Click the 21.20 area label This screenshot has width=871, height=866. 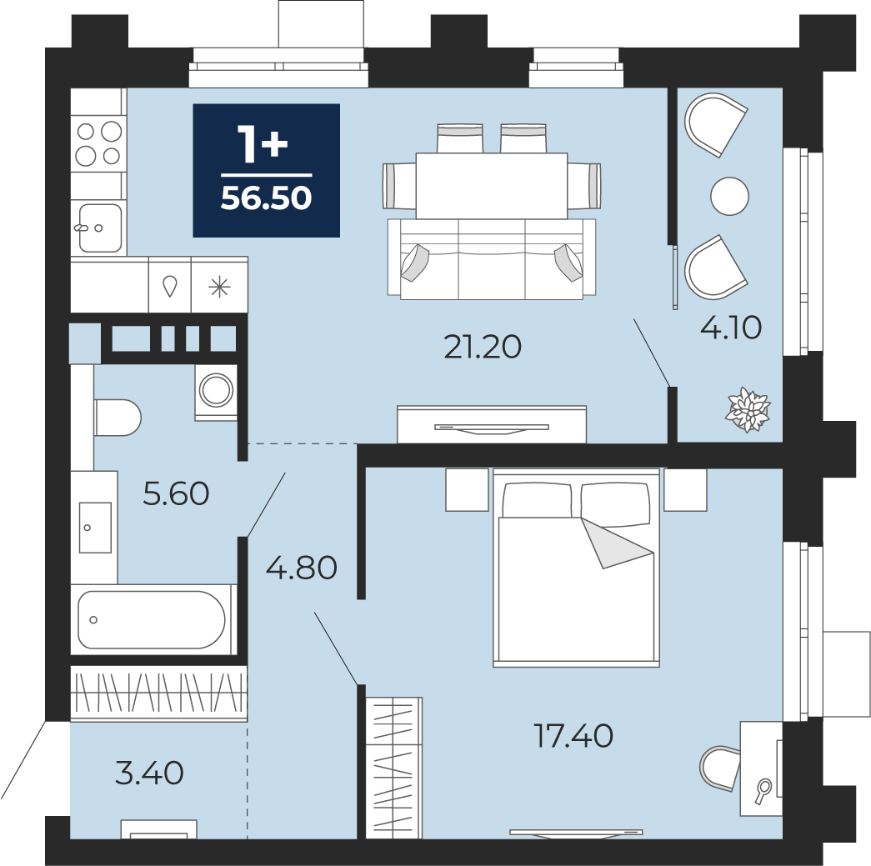tap(483, 348)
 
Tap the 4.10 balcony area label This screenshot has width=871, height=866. tap(730, 328)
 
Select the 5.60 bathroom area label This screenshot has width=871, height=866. tap(176, 493)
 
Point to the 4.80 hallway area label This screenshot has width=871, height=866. tap(302, 568)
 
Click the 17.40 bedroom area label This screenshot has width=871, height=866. tap(573, 735)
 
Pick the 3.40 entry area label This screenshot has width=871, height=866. tap(149, 773)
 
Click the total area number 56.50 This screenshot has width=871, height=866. tap(266, 198)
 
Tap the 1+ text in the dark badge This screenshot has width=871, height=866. tap(263, 144)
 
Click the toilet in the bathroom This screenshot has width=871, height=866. tap(118, 418)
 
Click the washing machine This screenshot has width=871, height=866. tap(216, 390)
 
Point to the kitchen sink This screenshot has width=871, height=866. tap(100, 228)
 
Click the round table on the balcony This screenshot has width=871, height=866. tap(730, 196)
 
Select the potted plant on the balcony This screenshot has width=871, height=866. tap(749, 411)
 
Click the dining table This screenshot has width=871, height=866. tap(492, 186)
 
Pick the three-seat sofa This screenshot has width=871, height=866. tap(492, 259)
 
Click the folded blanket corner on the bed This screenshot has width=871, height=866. tap(617, 543)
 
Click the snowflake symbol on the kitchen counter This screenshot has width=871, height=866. tap(219, 288)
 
